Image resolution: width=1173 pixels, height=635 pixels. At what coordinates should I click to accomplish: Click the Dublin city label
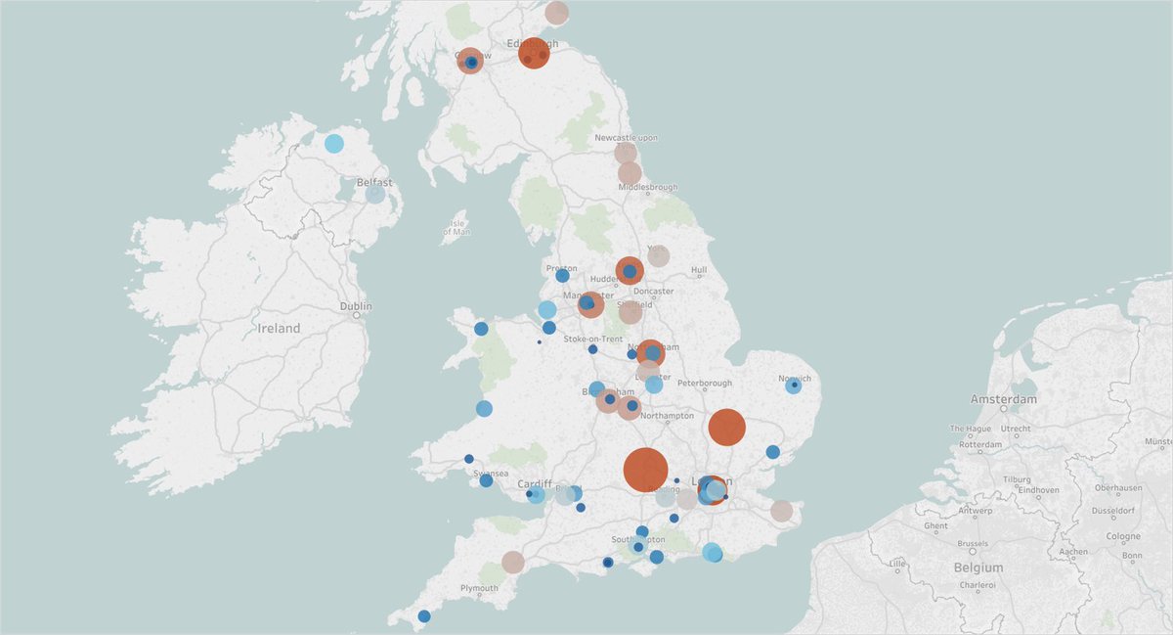(x=356, y=306)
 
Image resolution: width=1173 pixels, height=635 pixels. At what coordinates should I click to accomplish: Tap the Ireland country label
(x=279, y=329)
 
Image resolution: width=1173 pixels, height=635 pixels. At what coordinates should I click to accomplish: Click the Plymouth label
(x=480, y=588)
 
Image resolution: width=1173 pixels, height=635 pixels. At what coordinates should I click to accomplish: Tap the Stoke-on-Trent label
(x=593, y=339)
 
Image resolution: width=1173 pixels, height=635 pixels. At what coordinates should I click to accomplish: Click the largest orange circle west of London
(x=645, y=470)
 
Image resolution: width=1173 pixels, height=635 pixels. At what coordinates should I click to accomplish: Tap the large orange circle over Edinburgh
(x=534, y=52)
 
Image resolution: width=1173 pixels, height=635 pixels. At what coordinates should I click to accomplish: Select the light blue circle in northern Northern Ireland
(x=334, y=144)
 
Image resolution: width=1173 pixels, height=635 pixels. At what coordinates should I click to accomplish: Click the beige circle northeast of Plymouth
(x=513, y=562)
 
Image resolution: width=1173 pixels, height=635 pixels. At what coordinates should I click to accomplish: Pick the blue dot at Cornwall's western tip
(x=423, y=616)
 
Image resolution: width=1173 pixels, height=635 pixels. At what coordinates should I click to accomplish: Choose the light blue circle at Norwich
(x=794, y=386)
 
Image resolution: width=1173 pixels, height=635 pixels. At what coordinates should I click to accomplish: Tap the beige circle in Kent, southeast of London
(x=781, y=511)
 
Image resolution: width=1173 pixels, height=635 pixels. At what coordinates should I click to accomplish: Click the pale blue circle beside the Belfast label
(x=375, y=194)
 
